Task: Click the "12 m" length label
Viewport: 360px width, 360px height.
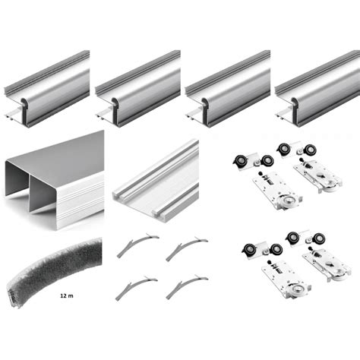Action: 67,295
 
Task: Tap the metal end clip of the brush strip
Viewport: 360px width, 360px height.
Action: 14,298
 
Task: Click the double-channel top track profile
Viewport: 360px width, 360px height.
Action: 55,180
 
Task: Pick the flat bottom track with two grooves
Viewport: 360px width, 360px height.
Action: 156,181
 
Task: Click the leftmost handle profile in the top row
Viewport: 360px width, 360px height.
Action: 47,89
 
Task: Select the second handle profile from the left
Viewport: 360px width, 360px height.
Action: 138,89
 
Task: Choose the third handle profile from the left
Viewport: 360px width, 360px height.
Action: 228,89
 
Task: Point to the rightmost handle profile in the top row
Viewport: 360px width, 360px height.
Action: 317,89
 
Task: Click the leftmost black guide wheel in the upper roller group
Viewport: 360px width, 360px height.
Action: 239,161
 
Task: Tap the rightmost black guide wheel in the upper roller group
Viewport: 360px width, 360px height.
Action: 310,150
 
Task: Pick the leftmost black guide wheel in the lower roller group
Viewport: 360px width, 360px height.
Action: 249,250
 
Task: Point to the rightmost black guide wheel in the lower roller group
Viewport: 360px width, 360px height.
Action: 319,238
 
